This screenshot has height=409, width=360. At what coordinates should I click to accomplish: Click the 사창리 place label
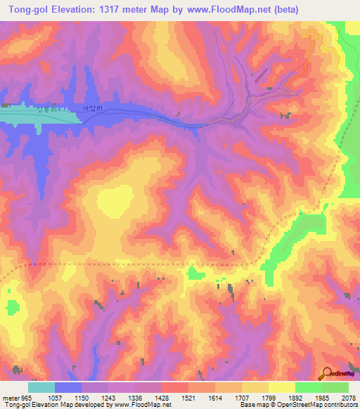93,109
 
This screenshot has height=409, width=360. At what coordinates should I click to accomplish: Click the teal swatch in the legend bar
41,387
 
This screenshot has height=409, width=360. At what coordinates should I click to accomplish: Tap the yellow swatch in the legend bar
281,387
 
